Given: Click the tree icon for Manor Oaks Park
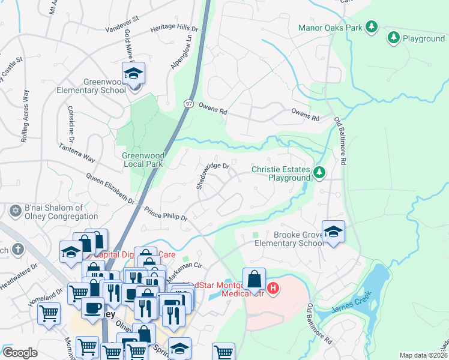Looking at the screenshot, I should (372, 26).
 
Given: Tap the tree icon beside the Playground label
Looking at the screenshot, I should (394, 38).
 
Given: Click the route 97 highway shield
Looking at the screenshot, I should (188, 103).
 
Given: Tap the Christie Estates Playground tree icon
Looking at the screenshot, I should (319, 174).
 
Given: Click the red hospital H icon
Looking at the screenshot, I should (273, 289).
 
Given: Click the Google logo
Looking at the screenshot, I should (20, 352).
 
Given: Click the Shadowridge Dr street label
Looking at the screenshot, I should (213, 175).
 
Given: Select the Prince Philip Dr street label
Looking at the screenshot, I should (166, 214).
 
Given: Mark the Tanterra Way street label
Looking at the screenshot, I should (77, 152).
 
